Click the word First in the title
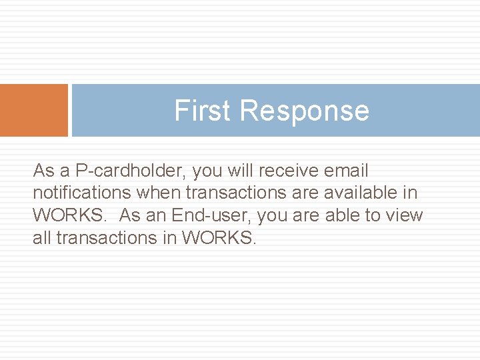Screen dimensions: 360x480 (203, 111)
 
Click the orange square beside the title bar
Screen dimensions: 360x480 (34, 110)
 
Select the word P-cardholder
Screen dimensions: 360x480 (131, 171)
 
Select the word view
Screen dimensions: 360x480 (405, 215)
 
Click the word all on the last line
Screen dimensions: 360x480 (41, 238)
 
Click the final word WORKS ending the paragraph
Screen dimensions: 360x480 (218, 238)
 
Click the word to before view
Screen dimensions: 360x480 (374, 215)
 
